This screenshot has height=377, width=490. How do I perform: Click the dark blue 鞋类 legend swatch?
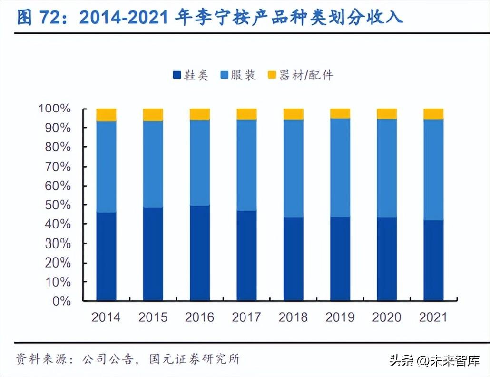[x=176, y=75]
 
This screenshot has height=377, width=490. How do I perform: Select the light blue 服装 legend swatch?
[x=225, y=75]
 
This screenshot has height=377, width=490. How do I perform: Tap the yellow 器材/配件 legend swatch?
[x=272, y=75]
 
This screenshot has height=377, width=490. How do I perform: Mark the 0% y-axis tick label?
[x=61, y=301]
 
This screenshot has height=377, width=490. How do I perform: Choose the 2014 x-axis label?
[x=106, y=317]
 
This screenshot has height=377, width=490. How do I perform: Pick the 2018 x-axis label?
[x=294, y=317]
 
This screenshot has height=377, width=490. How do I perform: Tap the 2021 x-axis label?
[x=434, y=317]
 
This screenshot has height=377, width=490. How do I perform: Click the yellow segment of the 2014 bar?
[x=106, y=115]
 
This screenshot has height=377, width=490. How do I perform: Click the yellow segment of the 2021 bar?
[x=434, y=114]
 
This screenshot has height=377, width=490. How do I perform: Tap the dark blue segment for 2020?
[x=387, y=259]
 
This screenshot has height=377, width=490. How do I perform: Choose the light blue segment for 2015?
[x=153, y=164]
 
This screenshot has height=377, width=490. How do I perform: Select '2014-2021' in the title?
[x=123, y=18]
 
